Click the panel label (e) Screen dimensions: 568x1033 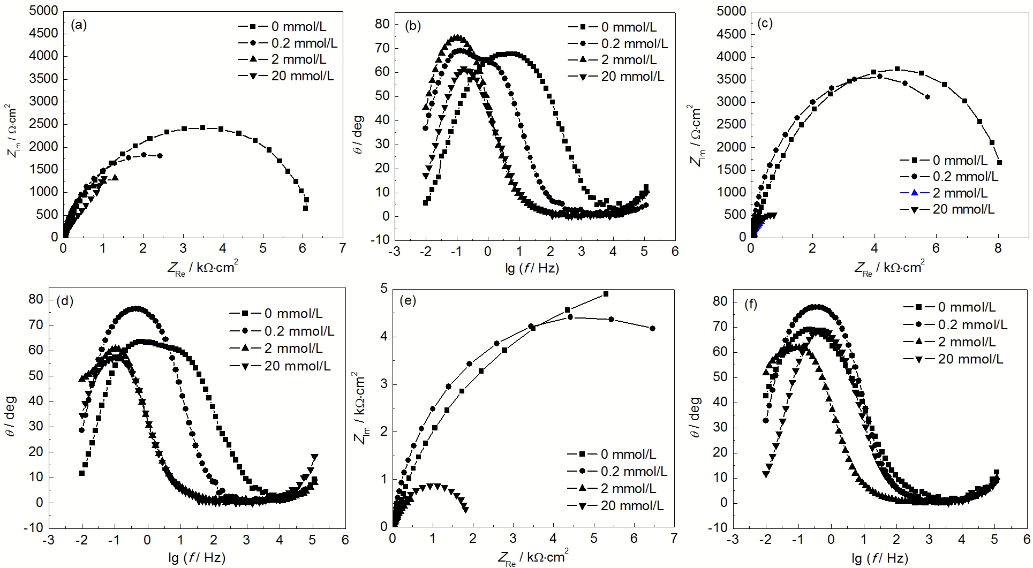tap(408, 300)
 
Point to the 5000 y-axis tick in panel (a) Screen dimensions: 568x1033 tap(43, 10)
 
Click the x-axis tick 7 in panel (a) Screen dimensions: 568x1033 tap(342, 248)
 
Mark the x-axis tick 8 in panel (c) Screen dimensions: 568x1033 tap(998, 248)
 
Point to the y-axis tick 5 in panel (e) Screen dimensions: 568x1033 tap(383, 289)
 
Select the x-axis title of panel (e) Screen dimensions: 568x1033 tap(533, 557)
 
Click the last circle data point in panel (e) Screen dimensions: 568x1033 tap(652, 328)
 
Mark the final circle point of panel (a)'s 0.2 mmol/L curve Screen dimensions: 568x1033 tap(160, 156)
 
